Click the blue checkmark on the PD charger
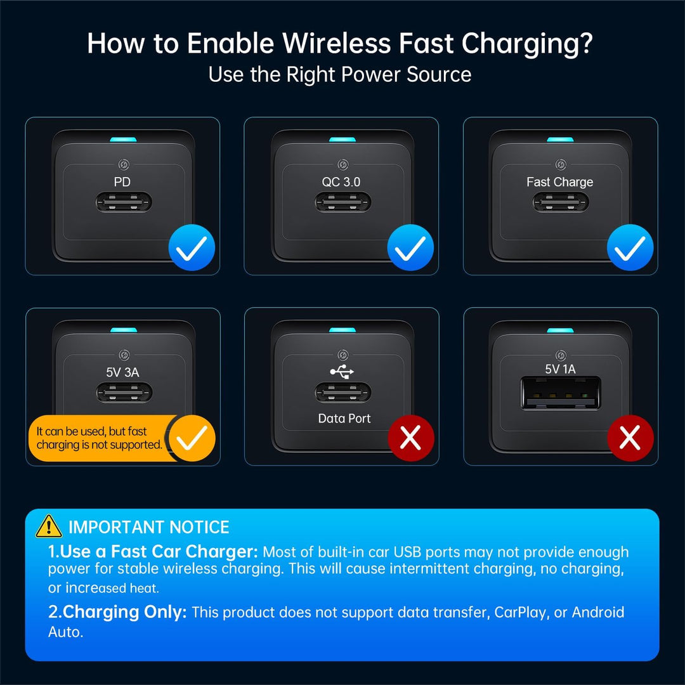point(192,247)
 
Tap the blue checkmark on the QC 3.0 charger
point(410,247)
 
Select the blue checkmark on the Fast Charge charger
point(630,247)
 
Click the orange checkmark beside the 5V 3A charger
point(192,438)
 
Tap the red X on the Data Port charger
point(411,438)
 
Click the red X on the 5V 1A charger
point(630,438)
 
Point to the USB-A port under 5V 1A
point(561,394)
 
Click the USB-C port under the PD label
point(124,202)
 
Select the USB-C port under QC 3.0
point(343,202)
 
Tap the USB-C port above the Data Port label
point(343,393)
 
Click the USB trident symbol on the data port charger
point(342,371)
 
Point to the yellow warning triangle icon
point(48,526)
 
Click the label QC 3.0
point(341,182)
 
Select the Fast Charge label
point(559,182)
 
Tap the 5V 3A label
point(123,372)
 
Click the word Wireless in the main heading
point(336,43)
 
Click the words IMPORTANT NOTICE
point(149,527)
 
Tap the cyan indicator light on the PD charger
point(123,140)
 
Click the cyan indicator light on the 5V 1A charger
point(561,330)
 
